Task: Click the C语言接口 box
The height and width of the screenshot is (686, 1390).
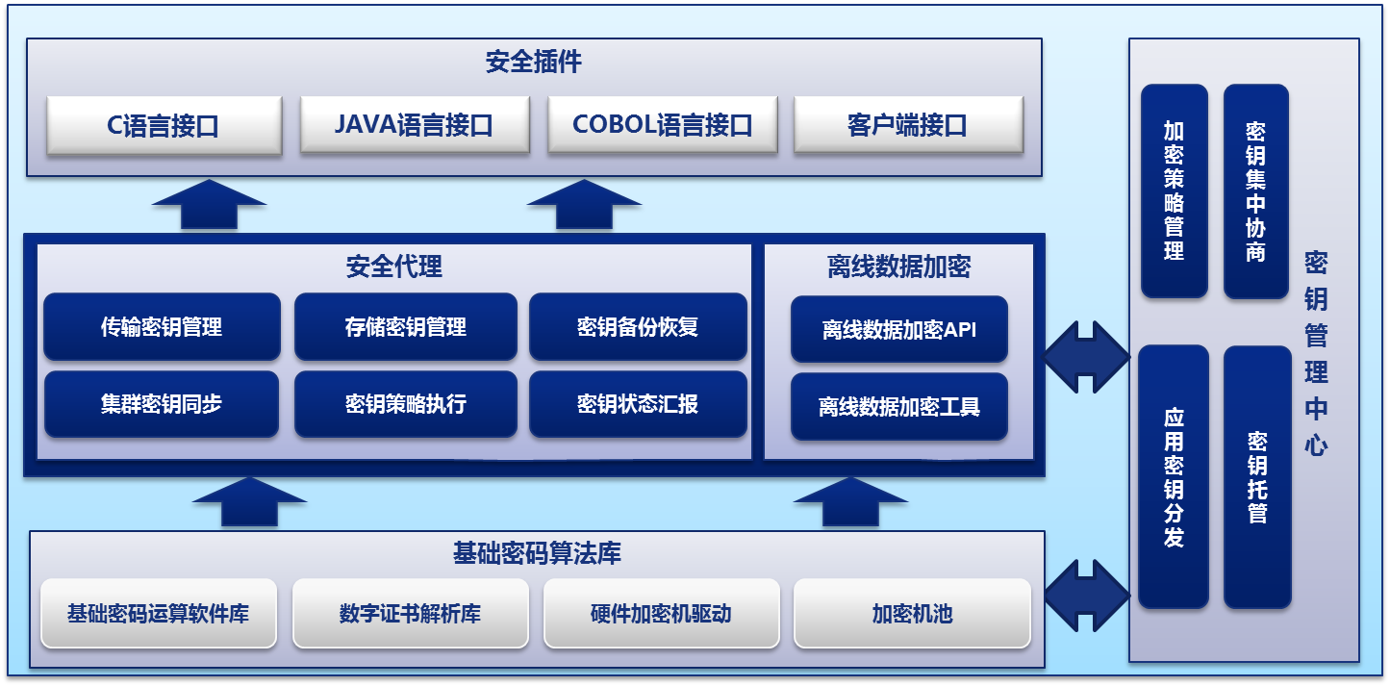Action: click(164, 124)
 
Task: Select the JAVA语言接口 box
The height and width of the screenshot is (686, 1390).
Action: click(414, 124)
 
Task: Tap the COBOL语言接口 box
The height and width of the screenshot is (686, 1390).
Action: click(662, 124)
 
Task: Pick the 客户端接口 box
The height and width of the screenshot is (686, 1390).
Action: click(907, 124)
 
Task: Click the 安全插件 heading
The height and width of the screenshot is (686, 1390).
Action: click(534, 64)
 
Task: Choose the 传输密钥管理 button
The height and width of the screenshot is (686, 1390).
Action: click(162, 327)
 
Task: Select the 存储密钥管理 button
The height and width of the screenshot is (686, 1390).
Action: click(405, 327)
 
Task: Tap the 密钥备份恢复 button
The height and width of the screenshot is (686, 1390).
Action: click(638, 327)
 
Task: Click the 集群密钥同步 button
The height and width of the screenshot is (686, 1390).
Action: click(162, 404)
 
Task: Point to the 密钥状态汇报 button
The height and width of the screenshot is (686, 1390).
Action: click(638, 404)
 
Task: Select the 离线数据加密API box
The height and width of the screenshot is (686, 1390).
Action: click(899, 330)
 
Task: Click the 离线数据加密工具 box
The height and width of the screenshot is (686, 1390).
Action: click(899, 407)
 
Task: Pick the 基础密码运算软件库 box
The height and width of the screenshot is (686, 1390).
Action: click(159, 613)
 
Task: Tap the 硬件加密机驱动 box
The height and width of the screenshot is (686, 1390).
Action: click(661, 613)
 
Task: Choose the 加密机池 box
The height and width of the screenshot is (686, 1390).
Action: click(912, 613)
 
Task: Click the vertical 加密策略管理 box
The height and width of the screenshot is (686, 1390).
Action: click(1174, 191)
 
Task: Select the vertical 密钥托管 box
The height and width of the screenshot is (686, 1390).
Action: click(1257, 477)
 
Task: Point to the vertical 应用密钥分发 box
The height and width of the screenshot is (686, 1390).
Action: click(1174, 477)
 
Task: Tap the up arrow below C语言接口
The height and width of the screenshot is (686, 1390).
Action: click(209, 205)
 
